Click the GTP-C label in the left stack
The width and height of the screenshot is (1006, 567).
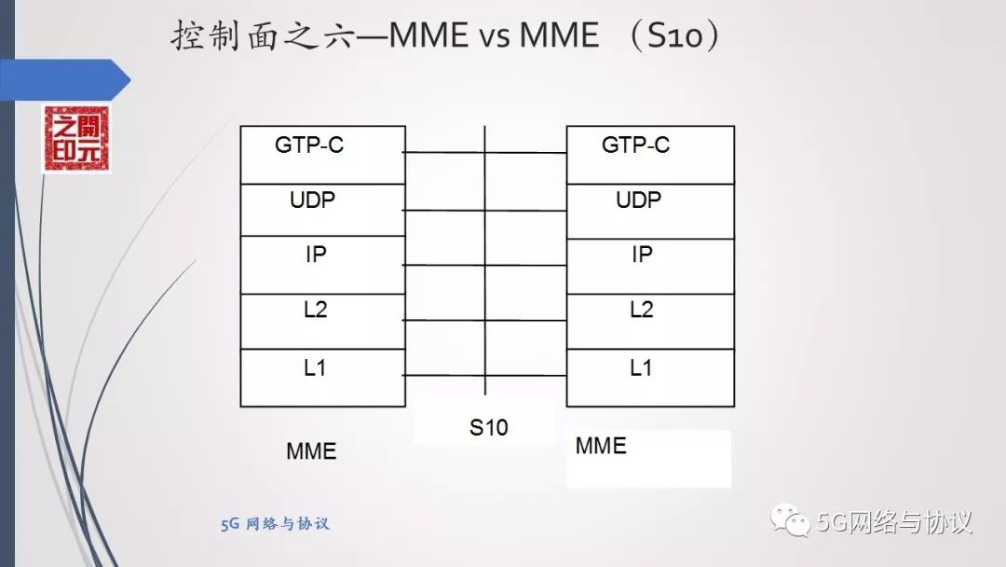[x=309, y=145]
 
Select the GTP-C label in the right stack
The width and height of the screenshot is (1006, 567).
[x=635, y=145]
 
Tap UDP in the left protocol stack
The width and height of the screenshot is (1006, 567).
[x=312, y=200]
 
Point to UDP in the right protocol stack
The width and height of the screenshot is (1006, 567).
[x=638, y=200]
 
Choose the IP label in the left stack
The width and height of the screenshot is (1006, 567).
[x=316, y=254]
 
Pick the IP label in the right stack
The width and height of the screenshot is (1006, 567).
[x=642, y=254]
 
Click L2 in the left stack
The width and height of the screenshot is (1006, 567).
[x=315, y=311]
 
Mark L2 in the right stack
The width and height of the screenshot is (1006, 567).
[x=641, y=311]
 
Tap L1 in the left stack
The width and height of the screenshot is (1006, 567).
[x=315, y=368]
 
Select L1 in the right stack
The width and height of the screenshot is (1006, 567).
[x=641, y=368]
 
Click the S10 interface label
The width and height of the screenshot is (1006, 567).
[x=488, y=429]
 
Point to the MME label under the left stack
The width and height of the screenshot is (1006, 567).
[x=311, y=452]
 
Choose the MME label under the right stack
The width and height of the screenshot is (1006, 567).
[x=601, y=446]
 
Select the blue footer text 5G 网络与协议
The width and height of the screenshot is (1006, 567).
[x=275, y=524]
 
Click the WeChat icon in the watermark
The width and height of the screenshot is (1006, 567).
[x=795, y=521]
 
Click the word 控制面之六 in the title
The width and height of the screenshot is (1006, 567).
[x=265, y=35]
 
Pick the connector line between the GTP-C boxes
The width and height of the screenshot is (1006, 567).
[x=484, y=153]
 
